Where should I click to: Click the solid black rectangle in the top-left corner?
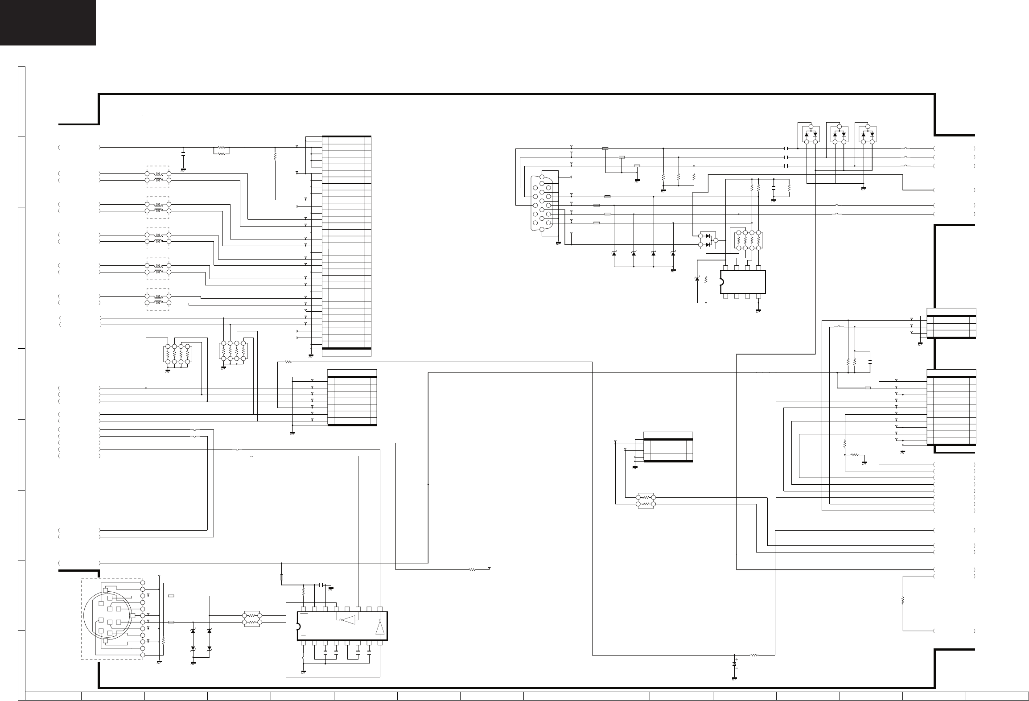[48, 22]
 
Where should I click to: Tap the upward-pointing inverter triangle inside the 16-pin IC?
[379, 629]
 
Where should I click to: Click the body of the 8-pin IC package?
[743, 281]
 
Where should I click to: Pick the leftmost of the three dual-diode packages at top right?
[811, 134]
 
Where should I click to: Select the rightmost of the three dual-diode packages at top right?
[868, 134]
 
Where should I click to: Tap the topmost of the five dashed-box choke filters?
[158, 177]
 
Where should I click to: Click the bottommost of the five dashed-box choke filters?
[158, 300]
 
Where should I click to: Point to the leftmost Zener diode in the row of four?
[614, 254]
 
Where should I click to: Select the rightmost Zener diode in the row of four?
[673, 254]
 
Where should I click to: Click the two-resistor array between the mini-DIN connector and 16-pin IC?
[252, 619]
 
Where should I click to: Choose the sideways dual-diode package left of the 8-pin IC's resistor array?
[708, 240]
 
